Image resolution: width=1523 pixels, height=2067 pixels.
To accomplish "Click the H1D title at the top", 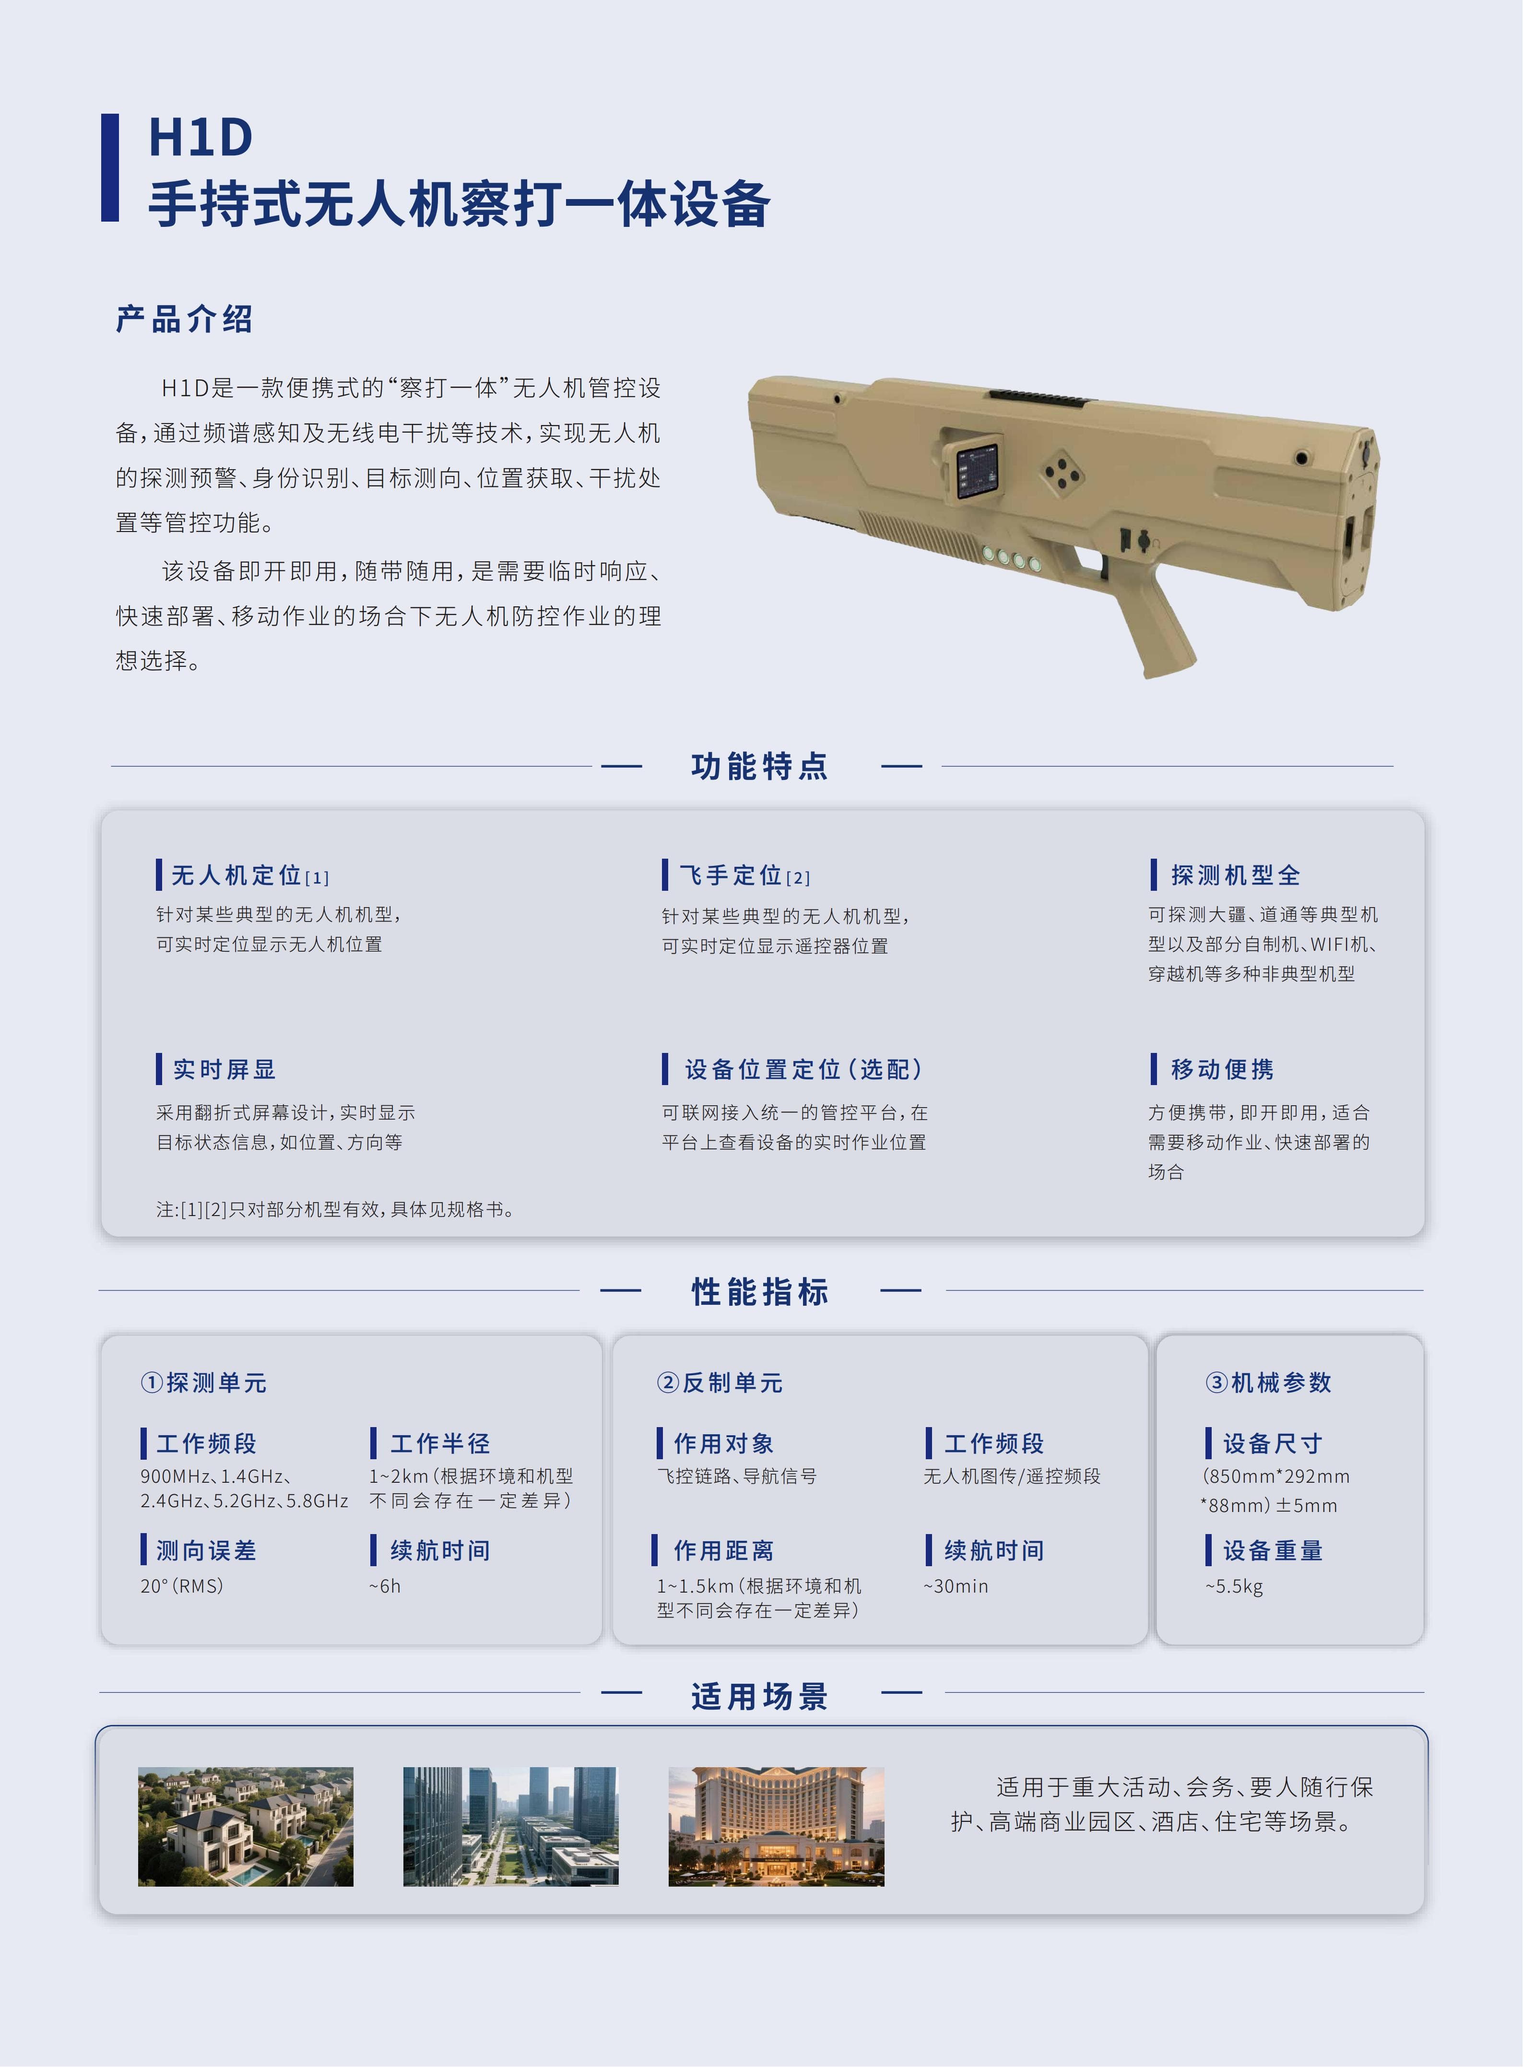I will (x=201, y=138).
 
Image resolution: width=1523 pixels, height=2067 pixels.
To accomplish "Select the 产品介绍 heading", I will (x=184, y=319).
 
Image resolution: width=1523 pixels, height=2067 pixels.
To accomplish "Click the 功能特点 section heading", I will (x=761, y=766).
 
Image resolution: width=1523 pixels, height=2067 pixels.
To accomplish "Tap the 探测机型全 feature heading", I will (x=1235, y=875).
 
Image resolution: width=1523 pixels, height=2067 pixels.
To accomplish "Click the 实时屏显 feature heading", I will (x=224, y=1069).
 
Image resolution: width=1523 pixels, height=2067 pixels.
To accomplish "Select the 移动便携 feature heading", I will (x=1222, y=1069).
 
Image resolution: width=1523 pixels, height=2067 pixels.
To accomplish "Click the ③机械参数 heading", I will (x=1269, y=1383).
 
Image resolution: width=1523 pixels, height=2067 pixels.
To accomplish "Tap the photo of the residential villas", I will (x=245, y=1826).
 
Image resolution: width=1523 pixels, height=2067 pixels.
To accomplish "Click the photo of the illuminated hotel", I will (x=776, y=1826).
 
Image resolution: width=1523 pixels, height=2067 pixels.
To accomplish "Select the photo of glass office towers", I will (x=511, y=1826).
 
